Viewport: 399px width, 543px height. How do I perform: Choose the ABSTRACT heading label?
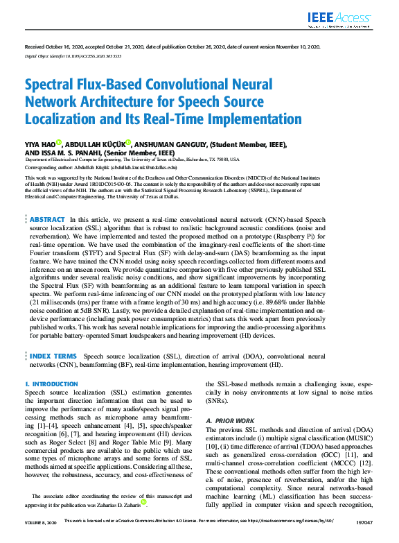(47, 219)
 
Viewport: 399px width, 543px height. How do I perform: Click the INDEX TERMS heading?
(53, 356)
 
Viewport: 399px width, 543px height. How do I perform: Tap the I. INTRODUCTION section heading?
(51, 383)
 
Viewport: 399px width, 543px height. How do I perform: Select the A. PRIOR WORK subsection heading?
(231, 421)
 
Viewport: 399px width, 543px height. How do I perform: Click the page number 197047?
(364, 538)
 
